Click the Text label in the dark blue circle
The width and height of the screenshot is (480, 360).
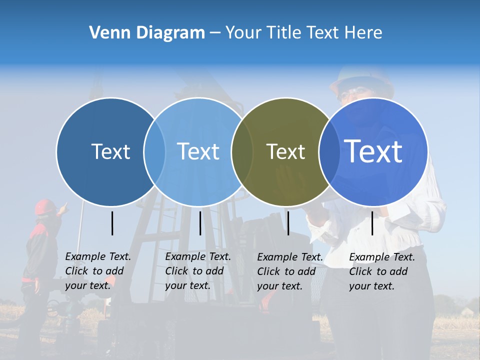coord(110,151)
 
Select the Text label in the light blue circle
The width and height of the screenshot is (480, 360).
coord(198,151)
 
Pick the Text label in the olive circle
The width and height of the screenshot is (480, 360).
coord(285,151)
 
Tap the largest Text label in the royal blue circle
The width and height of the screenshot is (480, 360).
coord(373,151)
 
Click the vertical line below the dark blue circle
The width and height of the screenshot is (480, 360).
coord(112,223)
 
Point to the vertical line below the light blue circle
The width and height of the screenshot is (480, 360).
coord(200,223)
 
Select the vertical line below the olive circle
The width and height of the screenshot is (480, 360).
coord(288,223)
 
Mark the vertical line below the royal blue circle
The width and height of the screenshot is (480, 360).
coord(372,223)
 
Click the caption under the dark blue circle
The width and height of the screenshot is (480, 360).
coord(98,271)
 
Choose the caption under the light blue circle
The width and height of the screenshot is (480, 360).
coord(198,271)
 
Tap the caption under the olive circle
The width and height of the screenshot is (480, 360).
coord(290,271)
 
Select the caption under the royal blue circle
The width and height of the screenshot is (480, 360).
coord(382,271)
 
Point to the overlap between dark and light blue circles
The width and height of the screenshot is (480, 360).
coord(154,151)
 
